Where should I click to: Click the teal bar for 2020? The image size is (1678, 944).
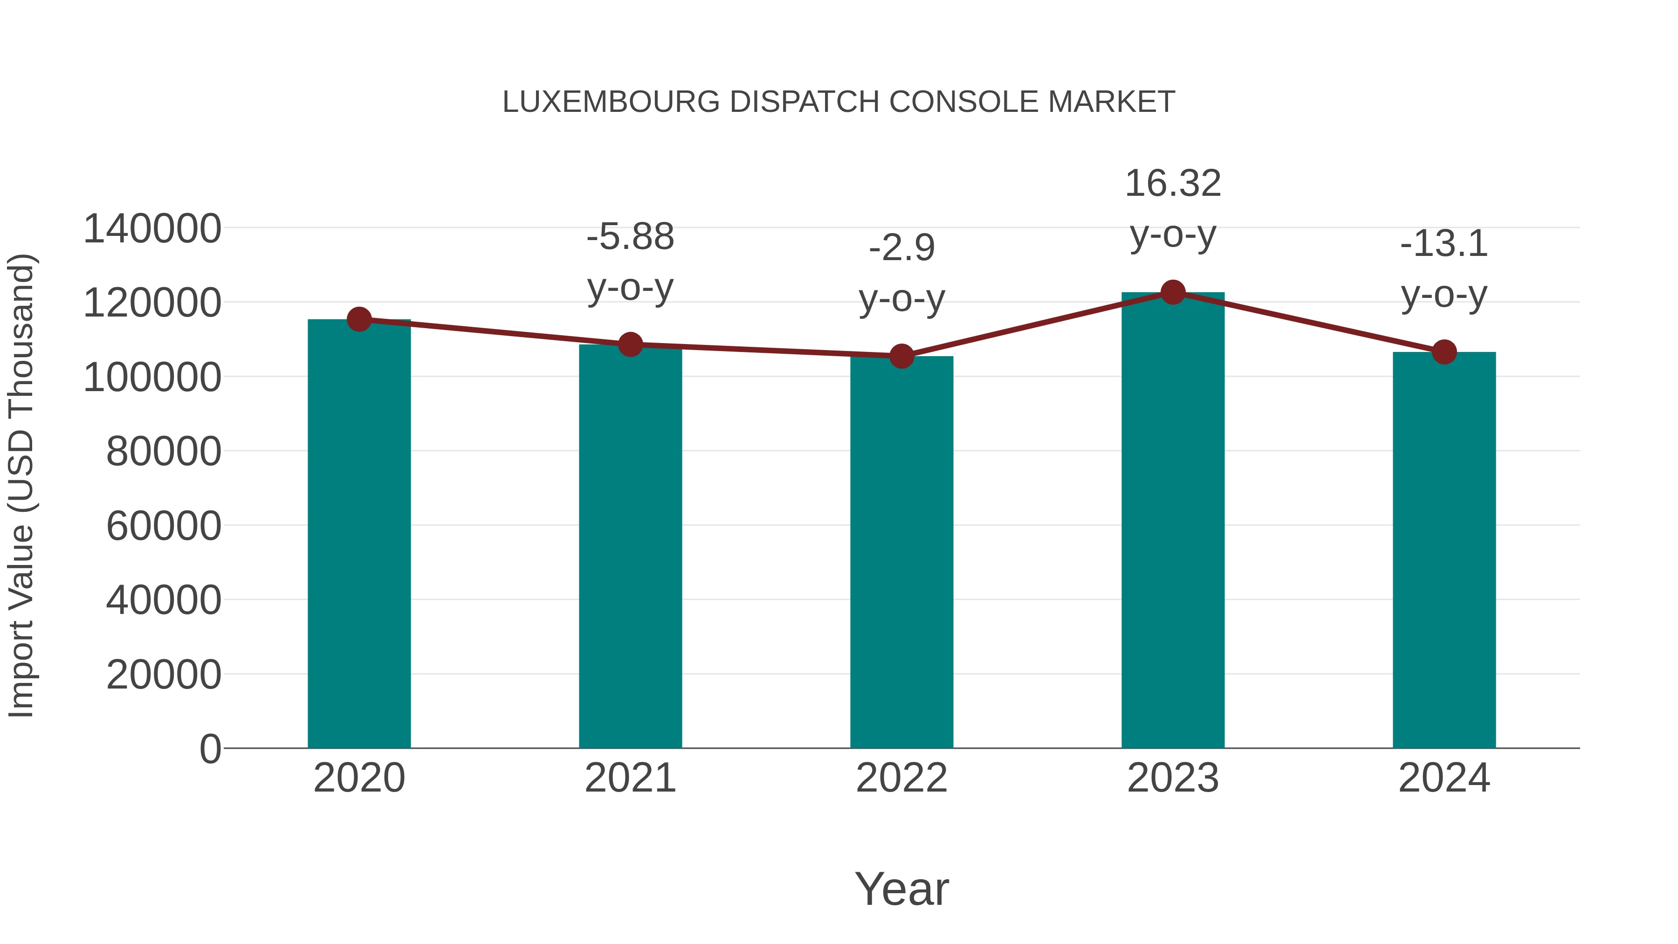pyautogui.click(x=359, y=534)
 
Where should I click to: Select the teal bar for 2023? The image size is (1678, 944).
pyautogui.click(x=1173, y=521)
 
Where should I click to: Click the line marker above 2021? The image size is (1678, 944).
pyautogui.click(x=630, y=345)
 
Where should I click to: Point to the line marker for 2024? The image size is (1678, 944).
pyautogui.click(x=1444, y=352)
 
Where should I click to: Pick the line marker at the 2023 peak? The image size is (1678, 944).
pyautogui.click(x=1173, y=292)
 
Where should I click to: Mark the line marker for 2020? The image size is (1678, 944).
pyautogui.click(x=359, y=319)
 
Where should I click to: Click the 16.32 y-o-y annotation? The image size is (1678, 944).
pyautogui.click(x=1173, y=184)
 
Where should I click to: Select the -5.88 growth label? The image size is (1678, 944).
pyautogui.click(x=630, y=237)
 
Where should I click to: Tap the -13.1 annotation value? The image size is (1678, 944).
pyautogui.click(x=1444, y=244)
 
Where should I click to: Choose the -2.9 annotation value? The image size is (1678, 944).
pyautogui.click(x=901, y=248)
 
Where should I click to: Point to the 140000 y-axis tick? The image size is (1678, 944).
pyautogui.click(x=152, y=229)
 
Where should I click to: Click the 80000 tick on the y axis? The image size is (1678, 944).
pyautogui.click(x=164, y=451)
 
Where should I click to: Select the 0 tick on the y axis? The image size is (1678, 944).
pyautogui.click(x=210, y=749)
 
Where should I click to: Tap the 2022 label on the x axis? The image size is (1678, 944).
pyautogui.click(x=901, y=778)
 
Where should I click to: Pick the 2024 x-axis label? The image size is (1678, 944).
pyautogui.click(x=1444, y=778)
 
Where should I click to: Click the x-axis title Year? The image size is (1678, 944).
pyautogui.click(x=901, y=889)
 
